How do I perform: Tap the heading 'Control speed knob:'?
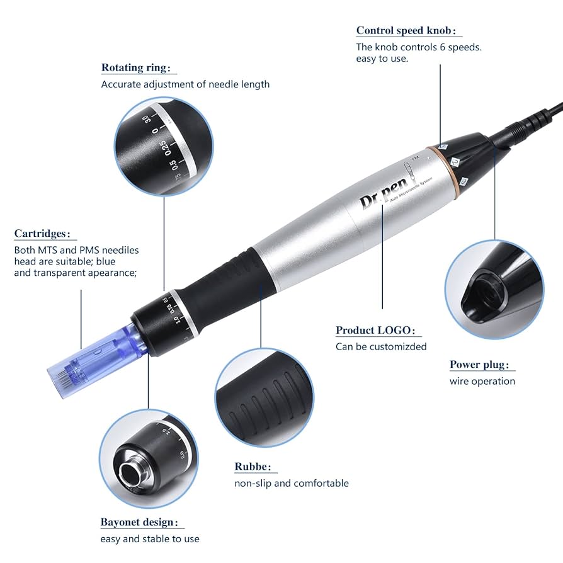tap(405, 30)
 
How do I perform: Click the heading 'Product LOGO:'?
tap(375, 330)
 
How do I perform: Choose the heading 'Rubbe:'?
tap(253, 467)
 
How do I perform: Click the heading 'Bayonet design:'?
tap(139, 522)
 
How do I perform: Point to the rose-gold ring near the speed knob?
tap(434, 170)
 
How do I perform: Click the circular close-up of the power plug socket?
tap(494, 290)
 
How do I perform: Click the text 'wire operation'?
tap(482, 381)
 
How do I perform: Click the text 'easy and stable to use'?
tap(150, 538)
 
